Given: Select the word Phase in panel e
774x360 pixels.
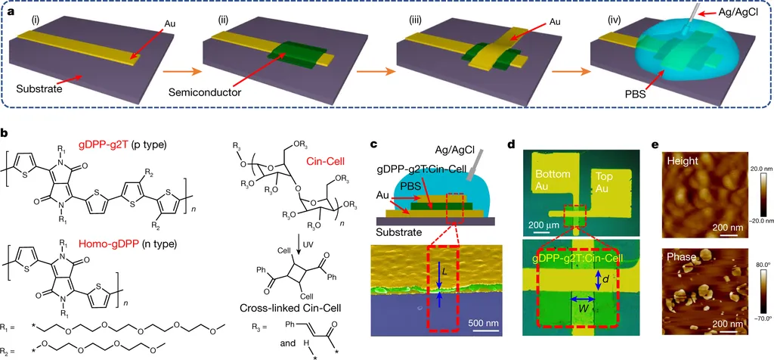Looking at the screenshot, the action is pos(680,258).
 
